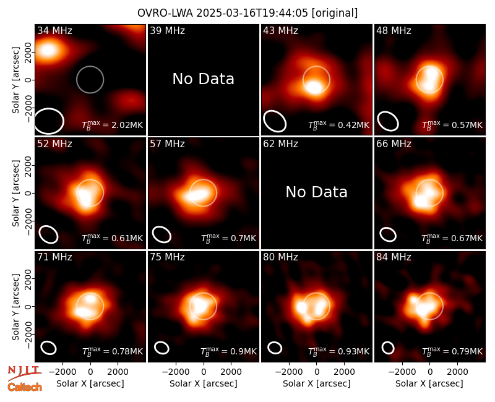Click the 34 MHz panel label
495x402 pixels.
click(54, 30)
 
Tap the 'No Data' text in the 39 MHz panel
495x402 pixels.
click(204, 79)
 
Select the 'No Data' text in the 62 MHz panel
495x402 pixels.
click(317, 192)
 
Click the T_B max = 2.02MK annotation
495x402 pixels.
click(113, 125)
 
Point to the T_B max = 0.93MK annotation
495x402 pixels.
click(338, 351)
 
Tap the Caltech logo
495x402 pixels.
click(25, 387)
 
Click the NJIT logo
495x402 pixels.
click(24, 373)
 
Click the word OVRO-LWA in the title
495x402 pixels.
click(165, 13)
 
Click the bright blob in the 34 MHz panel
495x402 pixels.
click(48, 50)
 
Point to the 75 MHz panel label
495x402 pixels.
click(167, 257)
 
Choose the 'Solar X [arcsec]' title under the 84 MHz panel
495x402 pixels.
click(429, 383)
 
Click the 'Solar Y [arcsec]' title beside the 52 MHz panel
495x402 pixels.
click(16, 193)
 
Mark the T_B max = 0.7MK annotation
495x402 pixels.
click(228, 238)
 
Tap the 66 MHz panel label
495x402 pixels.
click(394, 144)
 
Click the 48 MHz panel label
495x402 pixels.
click(394, 30)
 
